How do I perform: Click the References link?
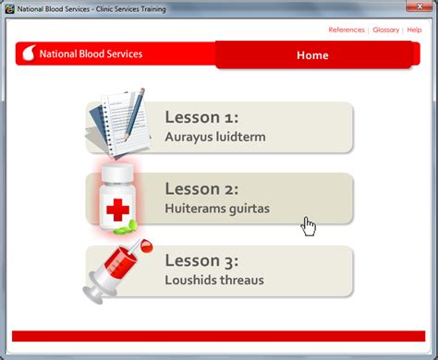click(347, 30)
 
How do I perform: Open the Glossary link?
click(386, 30)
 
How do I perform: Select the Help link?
click(414, 30)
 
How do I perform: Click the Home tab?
click(312, 54)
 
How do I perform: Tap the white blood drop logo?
click(28, 54)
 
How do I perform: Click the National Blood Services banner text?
click(91, 54)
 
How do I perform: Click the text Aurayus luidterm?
click(214, 137)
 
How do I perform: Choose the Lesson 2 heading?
click(202, 188)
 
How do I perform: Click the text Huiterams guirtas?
click(217, 209)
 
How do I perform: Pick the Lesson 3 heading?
click(202, 260)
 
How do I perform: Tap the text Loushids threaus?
click(214, 280)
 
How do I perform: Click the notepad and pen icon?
click(118, 126)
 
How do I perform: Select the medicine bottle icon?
click(116, 198)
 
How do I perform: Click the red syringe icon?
click(117, 268)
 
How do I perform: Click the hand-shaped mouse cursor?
click(309, 226)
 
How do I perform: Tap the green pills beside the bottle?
click(136, 224)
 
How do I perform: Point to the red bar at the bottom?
click(218, 336)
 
